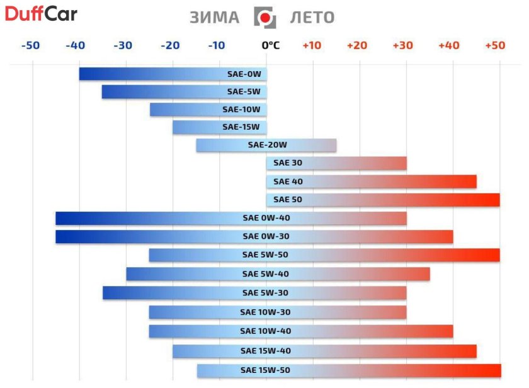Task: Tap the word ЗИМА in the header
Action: (214, 18)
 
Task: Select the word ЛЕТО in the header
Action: (312, 18)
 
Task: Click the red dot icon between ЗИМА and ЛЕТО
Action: (264, 18)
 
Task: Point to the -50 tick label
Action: (30, 45)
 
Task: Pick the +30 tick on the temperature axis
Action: (402, 45)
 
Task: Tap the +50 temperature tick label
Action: (495, 45)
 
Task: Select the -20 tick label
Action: (170, 45)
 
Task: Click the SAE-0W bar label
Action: (244, 74)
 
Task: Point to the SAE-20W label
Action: (263, 145)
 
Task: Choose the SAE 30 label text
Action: (288, 163)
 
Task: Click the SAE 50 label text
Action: (288, 200)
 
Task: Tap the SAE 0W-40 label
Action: (266, 219)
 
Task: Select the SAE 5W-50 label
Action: (266, 255)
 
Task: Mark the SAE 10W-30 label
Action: (265, 312)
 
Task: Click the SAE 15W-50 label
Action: (265, 370)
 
